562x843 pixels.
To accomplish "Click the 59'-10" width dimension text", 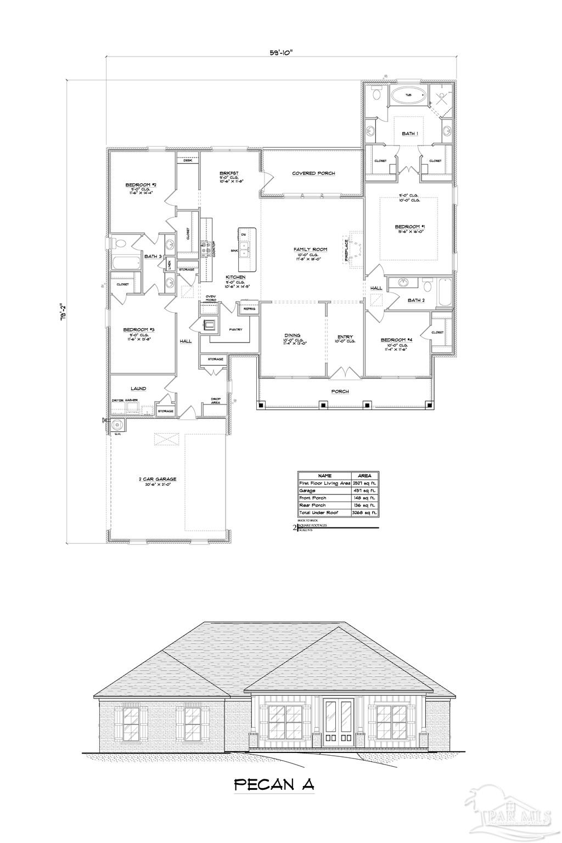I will [x=281, y=53].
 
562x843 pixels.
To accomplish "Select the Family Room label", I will [x=310, y=249].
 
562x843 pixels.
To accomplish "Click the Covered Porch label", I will [x=313, y=173].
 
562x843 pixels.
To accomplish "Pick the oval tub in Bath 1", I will [x=408, y=95].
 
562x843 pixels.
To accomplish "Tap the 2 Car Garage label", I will [x=158, y=479].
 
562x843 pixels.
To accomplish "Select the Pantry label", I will [x=235, y=329].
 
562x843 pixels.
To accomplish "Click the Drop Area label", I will [x=216, y=401].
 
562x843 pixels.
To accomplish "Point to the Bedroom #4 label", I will [x=396, y=340].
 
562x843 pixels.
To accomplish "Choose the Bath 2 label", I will [x=416, y=300].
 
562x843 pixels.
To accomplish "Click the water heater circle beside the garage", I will [x=116, y=424].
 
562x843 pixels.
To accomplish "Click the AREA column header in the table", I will [x=364, y=475].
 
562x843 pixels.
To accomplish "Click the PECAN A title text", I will [x=274, y=784].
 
